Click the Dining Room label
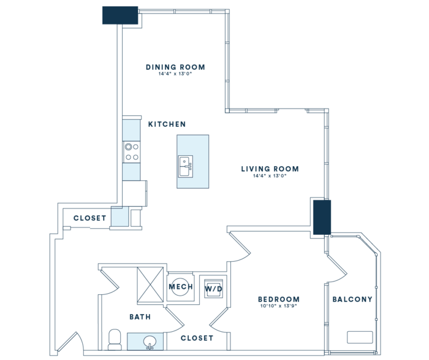(175, 67)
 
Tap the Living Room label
(270, 169)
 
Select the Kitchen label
(167, 124)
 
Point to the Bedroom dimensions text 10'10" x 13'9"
(278, 306)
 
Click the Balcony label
(352, 299)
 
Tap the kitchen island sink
(186, 166)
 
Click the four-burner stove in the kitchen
(132, 152)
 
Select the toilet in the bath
(115, 340)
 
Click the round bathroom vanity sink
(150, 342)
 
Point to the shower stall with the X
(150, 285)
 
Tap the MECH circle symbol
(180, 287)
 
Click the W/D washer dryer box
(213, 288)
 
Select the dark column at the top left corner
(120, 15)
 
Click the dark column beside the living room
(322, 217)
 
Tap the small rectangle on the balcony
(360, 337)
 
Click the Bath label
(140, 317)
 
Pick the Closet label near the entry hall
(89, 218)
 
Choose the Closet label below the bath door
(197, 338)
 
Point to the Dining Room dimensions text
(175, 74)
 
